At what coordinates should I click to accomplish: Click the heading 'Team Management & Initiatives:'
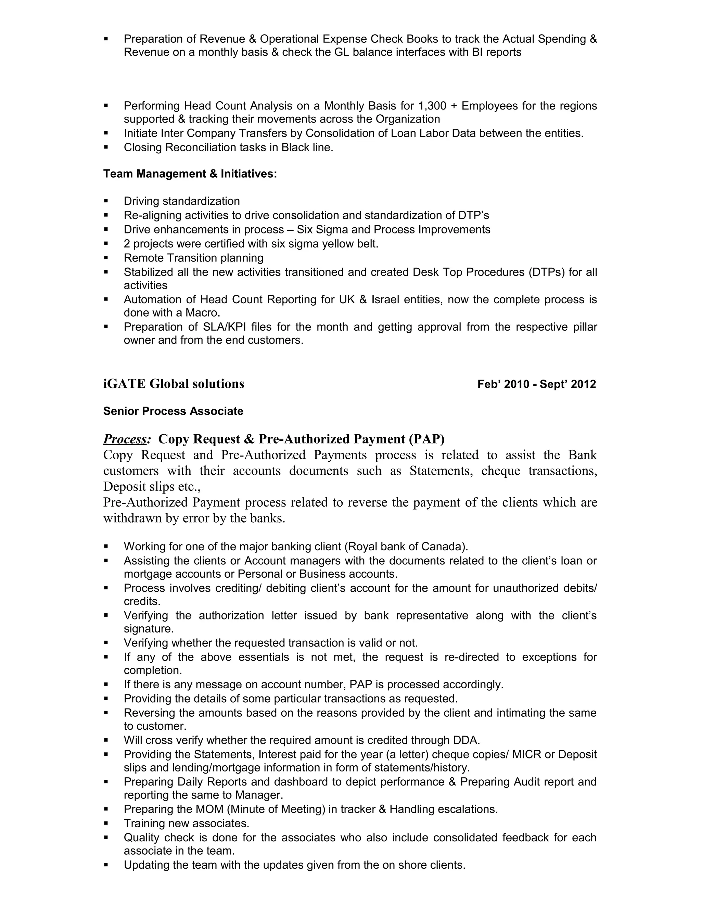[x=190, y=174]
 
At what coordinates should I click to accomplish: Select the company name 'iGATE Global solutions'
[x=174, y=384]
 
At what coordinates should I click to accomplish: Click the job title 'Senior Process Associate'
[x=173, y=411]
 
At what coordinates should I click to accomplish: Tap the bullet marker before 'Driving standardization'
[x=106, y=201]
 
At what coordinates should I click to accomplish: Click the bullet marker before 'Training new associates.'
[x=106, y=823]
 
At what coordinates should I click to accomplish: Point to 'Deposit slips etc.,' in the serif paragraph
[x=152, y=486]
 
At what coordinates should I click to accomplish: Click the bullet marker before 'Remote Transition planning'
[x=106, y=258]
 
